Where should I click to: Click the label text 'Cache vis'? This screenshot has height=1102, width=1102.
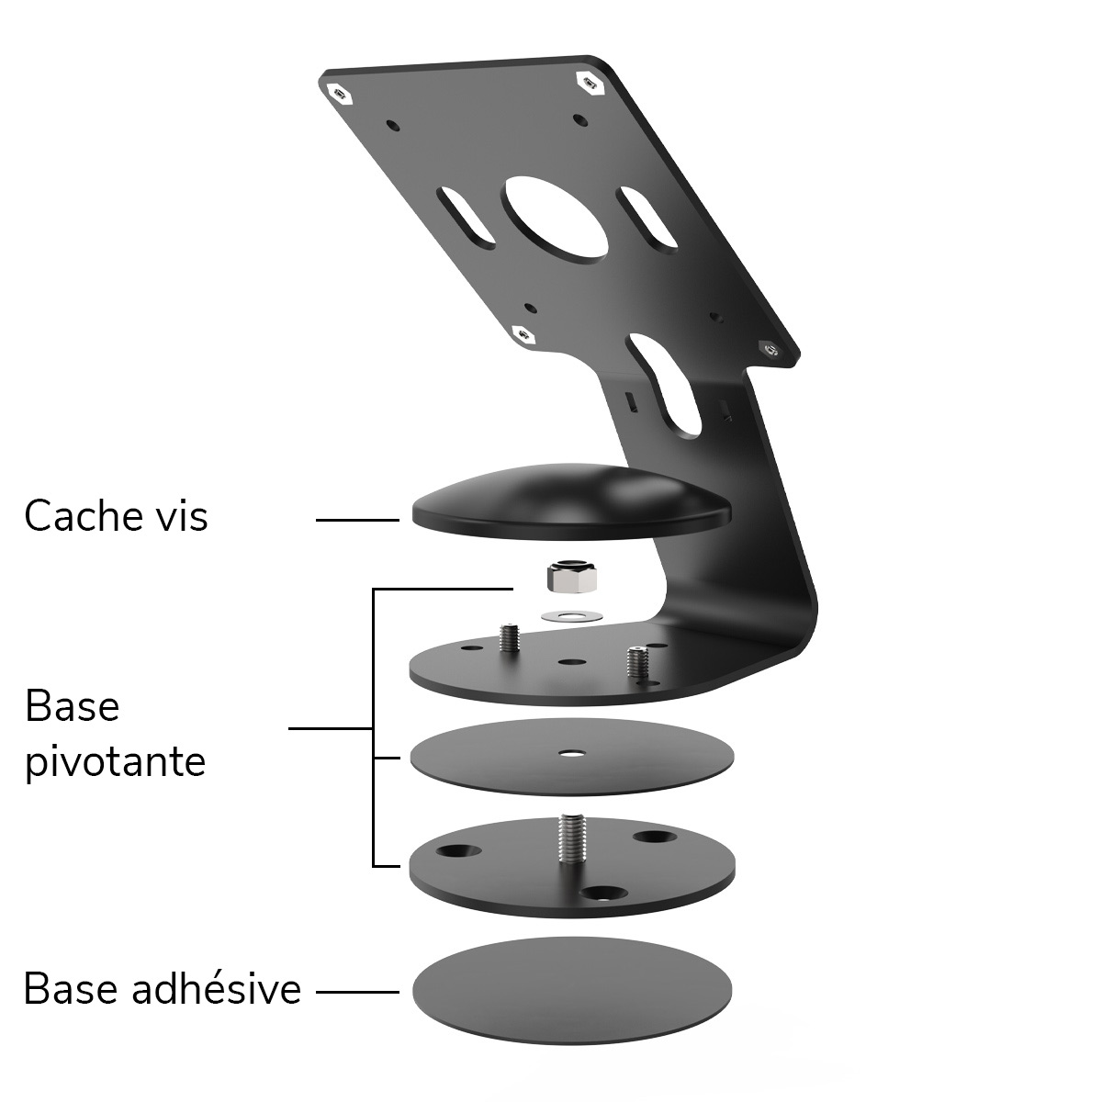pos(116,516)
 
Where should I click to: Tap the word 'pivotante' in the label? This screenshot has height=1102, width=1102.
pos(116,763)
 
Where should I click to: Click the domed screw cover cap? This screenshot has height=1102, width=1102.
pos(572,501)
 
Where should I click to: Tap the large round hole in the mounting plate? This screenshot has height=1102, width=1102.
pos(555,219)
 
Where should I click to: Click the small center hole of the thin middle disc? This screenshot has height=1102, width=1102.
pos(569,753)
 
